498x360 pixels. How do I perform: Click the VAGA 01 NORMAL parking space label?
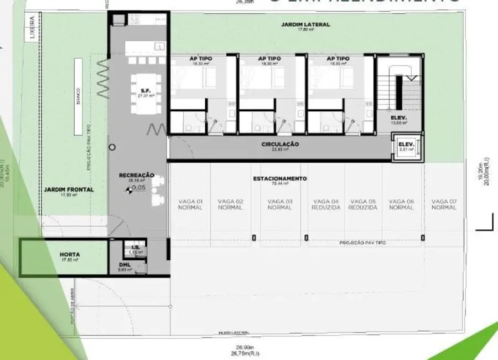coord(190,204)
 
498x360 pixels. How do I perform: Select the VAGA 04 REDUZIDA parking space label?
coord(326,204)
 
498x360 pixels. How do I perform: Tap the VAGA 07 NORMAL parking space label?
coord(444,204)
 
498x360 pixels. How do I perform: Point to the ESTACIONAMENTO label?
coord(280,179)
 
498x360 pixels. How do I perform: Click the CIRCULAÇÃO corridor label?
coord(280,145)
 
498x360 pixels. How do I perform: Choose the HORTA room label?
coord(70,255)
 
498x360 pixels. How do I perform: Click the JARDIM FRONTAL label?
coord(69,190)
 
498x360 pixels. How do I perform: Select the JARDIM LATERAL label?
coord(305,25)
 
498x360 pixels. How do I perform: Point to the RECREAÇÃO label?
coord(137,176)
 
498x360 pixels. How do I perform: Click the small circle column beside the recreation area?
coord(112,147)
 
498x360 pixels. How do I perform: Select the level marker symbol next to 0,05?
coord(129,190)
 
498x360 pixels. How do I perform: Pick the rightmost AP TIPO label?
coord(338,58)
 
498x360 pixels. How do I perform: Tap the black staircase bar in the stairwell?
coord(398,91)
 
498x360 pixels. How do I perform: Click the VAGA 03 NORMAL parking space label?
coord(280,204)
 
